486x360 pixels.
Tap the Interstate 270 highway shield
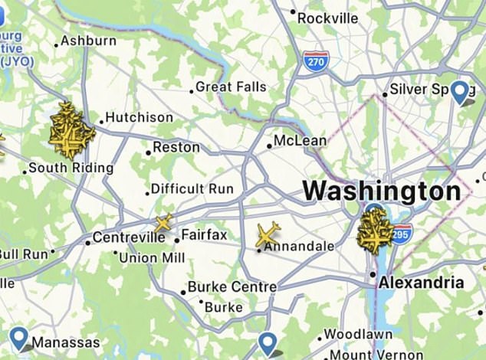pos(315,61)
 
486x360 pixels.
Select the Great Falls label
pos(231,87)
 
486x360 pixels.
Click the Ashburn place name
pos(89,41)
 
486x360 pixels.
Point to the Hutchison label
pos(139,118)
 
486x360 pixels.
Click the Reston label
pos(176,147)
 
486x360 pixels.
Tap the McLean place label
pos(300,141)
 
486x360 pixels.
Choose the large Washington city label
pos(381,191)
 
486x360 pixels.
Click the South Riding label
pos(71,168)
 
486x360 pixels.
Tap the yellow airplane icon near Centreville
pos(163,224)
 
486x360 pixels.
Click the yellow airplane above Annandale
pos(268,234)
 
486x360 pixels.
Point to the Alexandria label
pos(422,282)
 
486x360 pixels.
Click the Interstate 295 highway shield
pos(401,233)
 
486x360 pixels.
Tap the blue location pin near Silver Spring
pos(461,91)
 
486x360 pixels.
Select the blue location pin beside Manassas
pos(19,337)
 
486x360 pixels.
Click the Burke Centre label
pos(232,287)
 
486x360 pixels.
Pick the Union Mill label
pos(152,258)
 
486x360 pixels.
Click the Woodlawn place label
pos(358,335)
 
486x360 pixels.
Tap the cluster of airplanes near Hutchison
pos(71,130)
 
